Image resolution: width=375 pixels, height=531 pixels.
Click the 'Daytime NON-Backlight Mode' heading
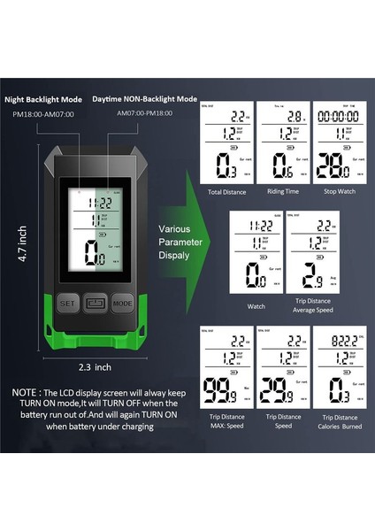tap(157, 100)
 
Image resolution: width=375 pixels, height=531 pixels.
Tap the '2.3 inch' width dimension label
tap(95, 366)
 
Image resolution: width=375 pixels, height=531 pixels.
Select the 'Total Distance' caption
tap(226, 192)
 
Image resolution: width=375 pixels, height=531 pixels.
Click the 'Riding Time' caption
tap(283, 192)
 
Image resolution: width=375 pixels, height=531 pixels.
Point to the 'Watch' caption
tap(256, 306)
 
